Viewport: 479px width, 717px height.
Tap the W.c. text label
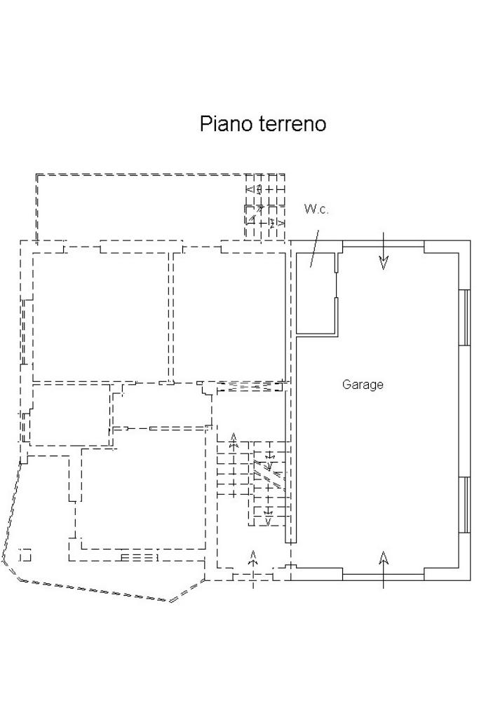[316, 210]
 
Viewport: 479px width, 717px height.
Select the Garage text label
[363, 384]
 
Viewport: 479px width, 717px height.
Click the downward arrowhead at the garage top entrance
[384, 263]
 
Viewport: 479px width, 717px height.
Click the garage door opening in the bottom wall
[384, 577]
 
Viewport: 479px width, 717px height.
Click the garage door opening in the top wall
[384, 244]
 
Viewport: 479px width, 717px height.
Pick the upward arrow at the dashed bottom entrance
[253, 558]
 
